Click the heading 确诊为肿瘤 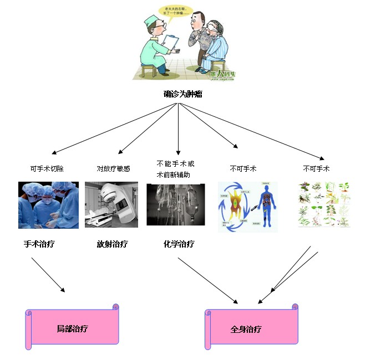183,94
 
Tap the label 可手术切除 47,168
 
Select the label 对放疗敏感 113,168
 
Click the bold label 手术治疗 39,244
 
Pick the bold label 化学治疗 179,244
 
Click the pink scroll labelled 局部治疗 73,328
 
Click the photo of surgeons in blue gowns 48,205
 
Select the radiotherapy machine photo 111,204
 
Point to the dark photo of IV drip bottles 176,204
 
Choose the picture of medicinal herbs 324,205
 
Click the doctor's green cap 151,20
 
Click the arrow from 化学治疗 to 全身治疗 207,280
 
